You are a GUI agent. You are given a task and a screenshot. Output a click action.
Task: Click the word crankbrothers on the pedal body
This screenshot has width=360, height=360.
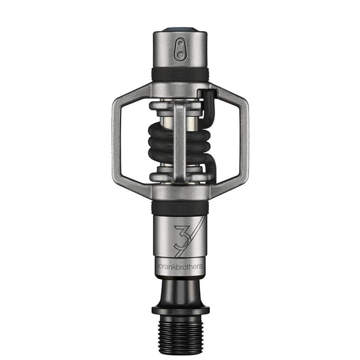(180, 266)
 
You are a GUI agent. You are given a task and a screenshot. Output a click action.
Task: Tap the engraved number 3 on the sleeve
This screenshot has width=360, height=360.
(180, 237)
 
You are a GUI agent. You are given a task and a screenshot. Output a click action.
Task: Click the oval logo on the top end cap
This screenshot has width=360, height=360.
(181, 49)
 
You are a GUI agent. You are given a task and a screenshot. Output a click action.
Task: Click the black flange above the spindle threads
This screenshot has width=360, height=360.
(180, 310)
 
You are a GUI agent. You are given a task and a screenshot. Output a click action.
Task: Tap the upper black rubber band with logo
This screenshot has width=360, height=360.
(180, 74)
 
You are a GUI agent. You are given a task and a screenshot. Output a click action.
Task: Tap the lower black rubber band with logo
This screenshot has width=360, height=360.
(180, 208)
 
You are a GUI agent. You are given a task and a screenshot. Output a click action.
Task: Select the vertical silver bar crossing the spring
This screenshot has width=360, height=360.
(180, 140)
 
